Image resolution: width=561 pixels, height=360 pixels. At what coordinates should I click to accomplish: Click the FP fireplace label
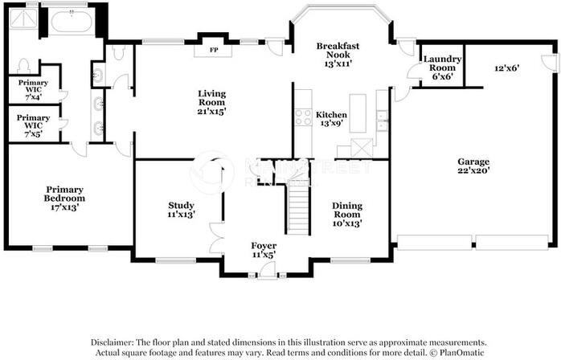click(214, 50)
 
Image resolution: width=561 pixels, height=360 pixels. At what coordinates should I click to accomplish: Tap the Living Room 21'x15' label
click(212, 102)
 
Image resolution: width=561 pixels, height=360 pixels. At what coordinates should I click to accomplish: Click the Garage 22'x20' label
click(473, 166)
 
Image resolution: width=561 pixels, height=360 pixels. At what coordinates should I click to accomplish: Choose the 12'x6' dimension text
click(507, 67)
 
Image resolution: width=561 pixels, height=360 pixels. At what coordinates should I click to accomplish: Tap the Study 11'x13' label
click(181, 210)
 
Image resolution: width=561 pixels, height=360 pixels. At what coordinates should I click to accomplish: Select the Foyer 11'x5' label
click(264, 250)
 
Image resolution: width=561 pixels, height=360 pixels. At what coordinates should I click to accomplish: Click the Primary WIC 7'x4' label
click(33, 89)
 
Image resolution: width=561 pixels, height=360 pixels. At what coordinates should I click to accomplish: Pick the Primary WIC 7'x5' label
click(33, 125)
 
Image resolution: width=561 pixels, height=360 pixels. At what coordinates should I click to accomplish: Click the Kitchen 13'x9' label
click(331, 119)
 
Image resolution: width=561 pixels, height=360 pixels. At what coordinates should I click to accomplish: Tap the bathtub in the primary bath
click(72, 22)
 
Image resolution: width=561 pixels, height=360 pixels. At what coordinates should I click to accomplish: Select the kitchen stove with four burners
click(303, 118)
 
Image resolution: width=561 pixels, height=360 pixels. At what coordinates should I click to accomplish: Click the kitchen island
click(358, 113)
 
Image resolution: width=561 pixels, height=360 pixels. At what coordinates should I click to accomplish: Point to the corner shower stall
click(23, 18)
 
